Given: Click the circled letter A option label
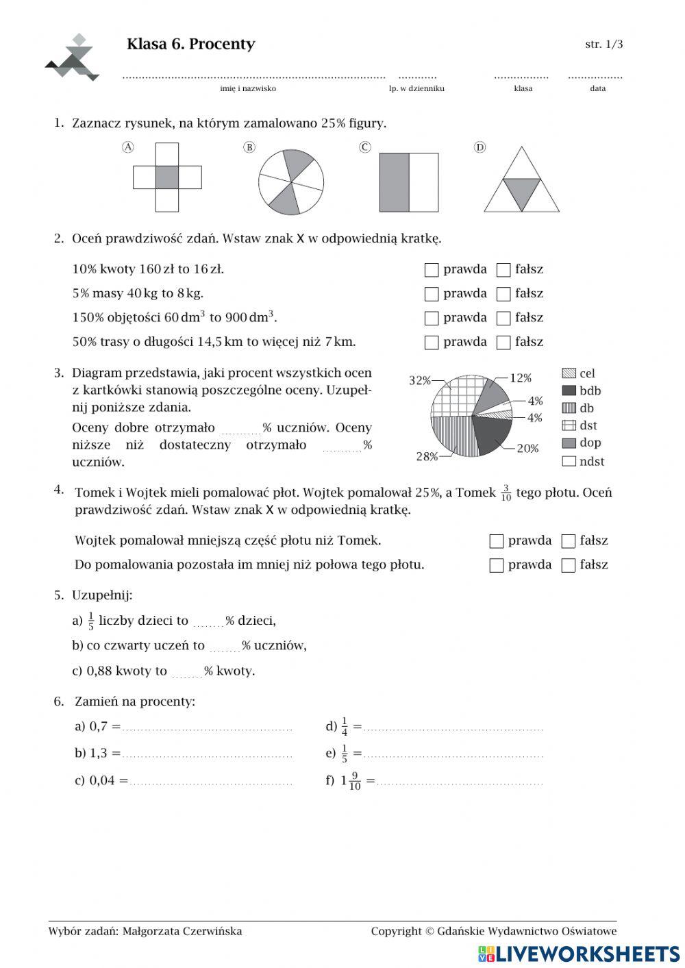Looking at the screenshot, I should point(127,147).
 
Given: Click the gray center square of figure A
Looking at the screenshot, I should point(167,177).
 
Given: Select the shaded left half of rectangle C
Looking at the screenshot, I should point(395,182).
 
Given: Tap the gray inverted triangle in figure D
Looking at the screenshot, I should point(521,192).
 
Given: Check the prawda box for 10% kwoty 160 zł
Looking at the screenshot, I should point(431,270).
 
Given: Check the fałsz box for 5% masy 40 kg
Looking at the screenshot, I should point(503,294).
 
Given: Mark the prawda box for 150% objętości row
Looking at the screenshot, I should point(431,319).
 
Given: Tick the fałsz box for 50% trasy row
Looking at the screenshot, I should point(503,343).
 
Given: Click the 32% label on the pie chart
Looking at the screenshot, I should point(420,381).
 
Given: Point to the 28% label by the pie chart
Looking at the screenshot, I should point(427,456).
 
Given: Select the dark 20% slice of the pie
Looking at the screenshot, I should point(490,434).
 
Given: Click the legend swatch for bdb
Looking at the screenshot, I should point(569,390).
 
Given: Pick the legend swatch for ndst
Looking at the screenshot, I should point(569,461).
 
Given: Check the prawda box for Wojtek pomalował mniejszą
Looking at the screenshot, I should point(497,541).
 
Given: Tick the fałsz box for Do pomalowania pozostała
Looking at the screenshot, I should point(568,565).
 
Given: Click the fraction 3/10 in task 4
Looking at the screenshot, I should point(506,493).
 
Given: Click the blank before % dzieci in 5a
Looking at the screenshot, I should point(208,622).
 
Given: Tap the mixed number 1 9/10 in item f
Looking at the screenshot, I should point(351,780).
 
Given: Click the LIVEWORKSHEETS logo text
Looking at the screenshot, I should point(586,954).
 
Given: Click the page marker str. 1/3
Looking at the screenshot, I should point(603,45).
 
